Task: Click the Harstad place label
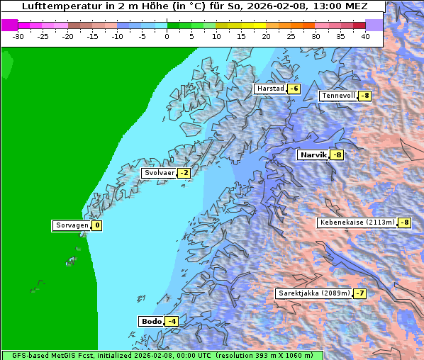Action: coord(269,89)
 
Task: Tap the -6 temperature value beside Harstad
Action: coord(294,89)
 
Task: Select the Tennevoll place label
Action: coord(337,96)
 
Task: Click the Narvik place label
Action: coord(312,154)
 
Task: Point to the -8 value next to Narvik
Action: coord(337,154)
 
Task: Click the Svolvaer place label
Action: coord(158,173)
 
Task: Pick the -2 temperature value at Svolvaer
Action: coord(184,173)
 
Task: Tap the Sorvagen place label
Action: coord(72,226)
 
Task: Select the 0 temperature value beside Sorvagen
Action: coord(96,226)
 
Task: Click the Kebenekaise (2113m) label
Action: coord(357,223)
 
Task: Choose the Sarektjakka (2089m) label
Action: coord(313,293)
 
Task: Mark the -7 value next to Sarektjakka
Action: coord(359,293)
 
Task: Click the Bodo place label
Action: coord(151,321)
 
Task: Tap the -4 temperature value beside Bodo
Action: coord(171,321)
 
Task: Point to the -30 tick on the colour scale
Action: coord(18,35)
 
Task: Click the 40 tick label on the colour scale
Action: coord(365,35)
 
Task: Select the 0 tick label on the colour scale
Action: coord(167,35)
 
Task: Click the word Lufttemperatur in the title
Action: coord(57,6)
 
